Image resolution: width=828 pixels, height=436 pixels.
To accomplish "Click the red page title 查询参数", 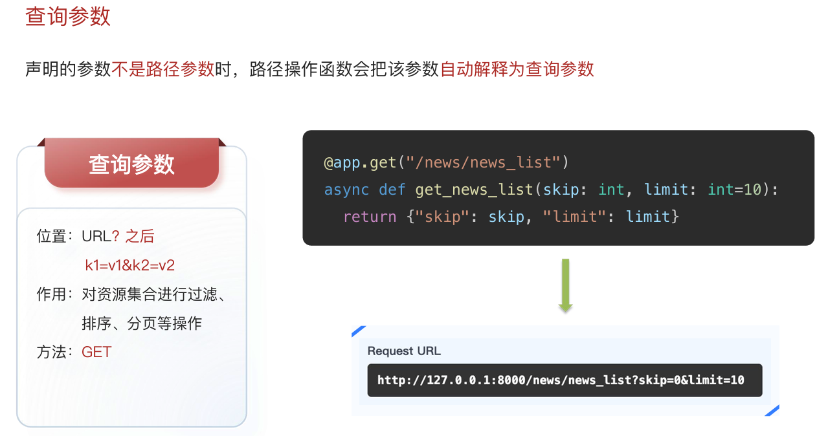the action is tap(68, 17).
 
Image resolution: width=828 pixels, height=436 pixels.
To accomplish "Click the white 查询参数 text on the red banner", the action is tap(131, 164).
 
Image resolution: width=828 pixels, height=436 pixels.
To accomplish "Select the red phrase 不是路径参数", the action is tap(162, 69).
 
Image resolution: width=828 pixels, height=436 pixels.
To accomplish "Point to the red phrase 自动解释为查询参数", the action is tap(517, 69).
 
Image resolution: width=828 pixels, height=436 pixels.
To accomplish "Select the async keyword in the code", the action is tap(346, 190).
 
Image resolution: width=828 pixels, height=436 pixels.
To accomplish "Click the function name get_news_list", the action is tap(474, 190).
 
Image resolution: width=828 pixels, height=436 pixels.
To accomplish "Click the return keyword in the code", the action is tap(370, 217).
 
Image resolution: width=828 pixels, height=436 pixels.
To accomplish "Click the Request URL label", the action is tap(404, 351).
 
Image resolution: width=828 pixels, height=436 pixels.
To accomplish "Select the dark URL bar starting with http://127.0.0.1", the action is tap(565, 380).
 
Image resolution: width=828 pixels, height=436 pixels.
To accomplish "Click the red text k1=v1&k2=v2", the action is tap(129, 265).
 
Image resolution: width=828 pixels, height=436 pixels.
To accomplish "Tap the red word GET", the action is tap(96, 353).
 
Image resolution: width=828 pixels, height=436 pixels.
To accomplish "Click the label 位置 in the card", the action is tap(52, 237).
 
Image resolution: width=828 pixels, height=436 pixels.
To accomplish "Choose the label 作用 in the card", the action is tap(52, 295).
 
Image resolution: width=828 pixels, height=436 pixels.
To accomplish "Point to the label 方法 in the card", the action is tap(52, 353).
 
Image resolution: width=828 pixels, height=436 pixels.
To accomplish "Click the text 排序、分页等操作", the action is tap(142, 323).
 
